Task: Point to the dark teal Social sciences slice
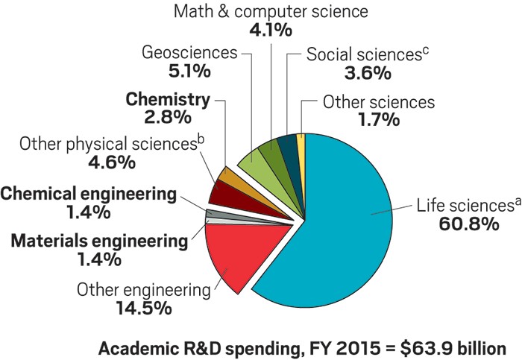[x=287, y=145]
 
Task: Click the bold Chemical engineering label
[x=88, y=195]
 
